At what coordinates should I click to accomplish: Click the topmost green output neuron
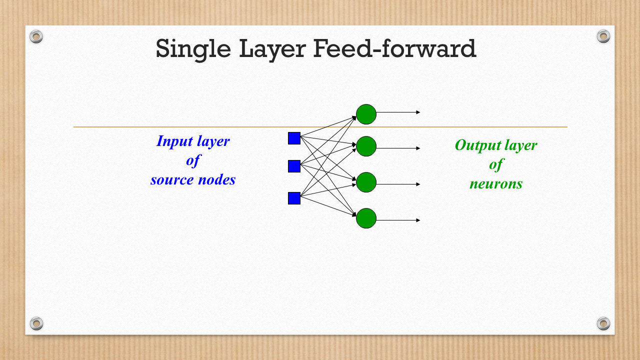tap(366, 114)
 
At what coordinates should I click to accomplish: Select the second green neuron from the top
tap(366, 146)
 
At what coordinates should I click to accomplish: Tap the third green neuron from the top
tap(366, 182)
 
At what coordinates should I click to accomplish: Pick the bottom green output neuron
tap(366, 218)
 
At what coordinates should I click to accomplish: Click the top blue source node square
tap(294, 138)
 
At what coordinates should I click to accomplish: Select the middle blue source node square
tap(294, 166)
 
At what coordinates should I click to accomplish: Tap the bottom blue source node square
tap(294, 198)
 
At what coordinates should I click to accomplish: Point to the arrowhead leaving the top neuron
tap(418, 112)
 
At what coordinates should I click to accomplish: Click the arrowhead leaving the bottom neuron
tap(418, 220)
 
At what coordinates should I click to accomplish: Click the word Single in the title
tap(193, 49)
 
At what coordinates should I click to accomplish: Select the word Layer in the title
tap(272, 49)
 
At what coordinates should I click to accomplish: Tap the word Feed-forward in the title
tap(394, 48)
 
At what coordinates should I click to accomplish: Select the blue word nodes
tap(217, 179)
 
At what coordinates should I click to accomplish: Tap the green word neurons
tap(496, 184)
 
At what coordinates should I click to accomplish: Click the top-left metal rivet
tap(36, 36)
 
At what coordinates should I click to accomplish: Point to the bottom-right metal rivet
tap(603, 323)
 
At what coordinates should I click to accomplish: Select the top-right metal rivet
tap(603, 36)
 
